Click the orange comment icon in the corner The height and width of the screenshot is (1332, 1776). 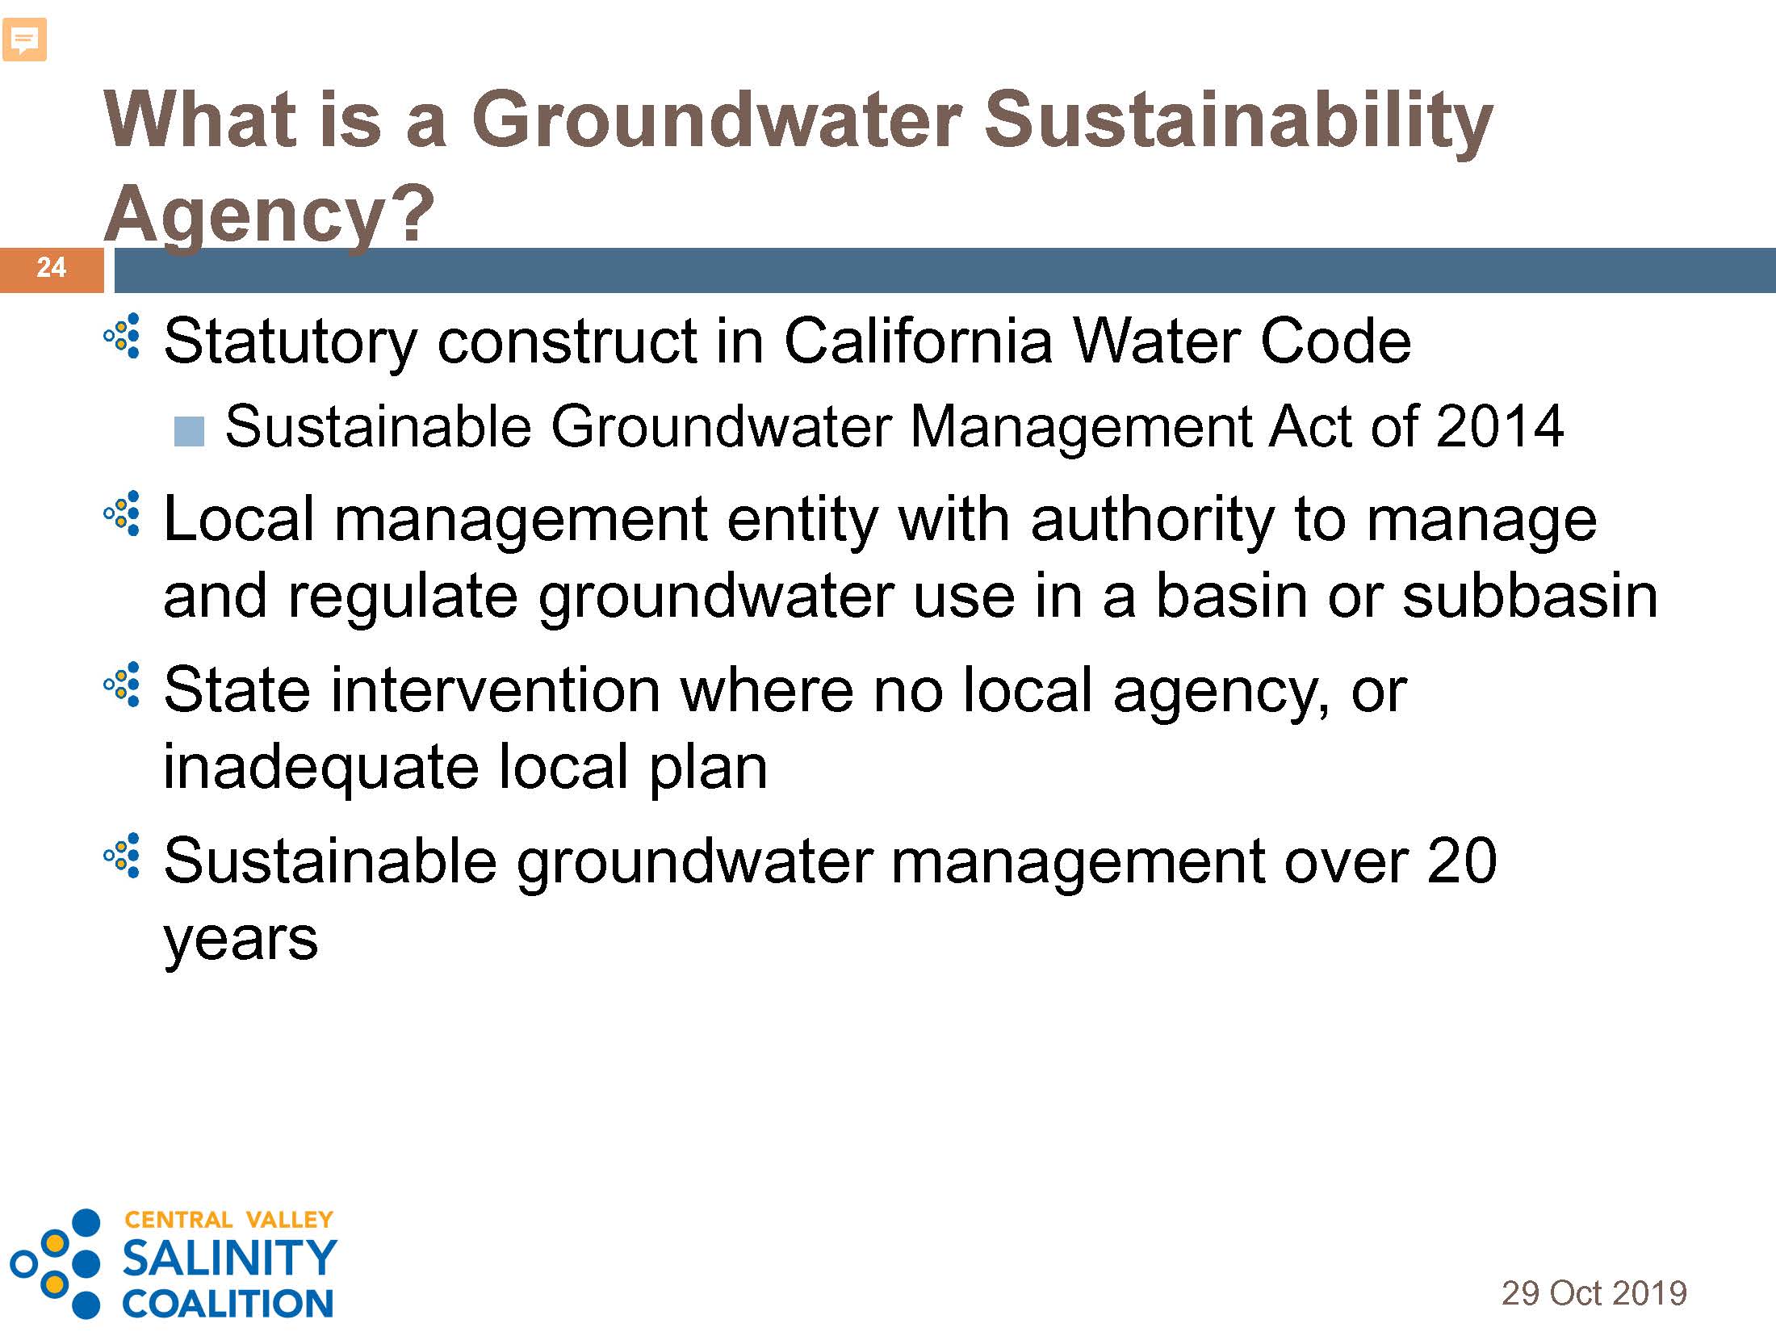point(24,40)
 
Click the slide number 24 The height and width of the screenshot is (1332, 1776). point(51,267)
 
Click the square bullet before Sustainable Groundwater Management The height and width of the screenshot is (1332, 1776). point(189,432)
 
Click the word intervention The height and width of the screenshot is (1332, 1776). point(496,690)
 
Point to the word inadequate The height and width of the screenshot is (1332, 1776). point(321,768)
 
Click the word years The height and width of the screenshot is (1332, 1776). point(241,940)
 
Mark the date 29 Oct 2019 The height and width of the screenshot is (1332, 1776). point(1594,1292)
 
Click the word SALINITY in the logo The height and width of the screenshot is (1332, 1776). point(229,1257)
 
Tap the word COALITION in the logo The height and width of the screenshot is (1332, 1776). point(228,1303)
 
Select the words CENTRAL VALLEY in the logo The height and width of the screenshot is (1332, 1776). point(228,1219)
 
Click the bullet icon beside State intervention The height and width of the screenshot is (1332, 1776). point(123,685)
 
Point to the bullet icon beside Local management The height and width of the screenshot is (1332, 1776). point(123,513)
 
